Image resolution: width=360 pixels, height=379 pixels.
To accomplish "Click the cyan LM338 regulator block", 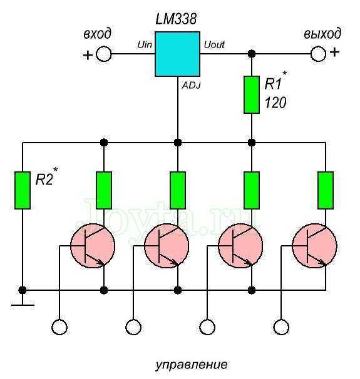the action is [177, 54].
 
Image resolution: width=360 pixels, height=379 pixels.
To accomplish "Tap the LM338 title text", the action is [176, 19].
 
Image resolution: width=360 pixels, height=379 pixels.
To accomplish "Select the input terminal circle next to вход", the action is [104, 54].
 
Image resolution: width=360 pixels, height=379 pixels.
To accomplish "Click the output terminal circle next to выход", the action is [318, 54].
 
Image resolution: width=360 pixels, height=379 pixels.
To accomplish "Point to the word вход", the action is [97, 34].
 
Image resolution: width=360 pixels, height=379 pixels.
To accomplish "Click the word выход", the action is [322, 34].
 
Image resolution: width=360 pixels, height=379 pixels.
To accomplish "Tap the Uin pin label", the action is [145, 44].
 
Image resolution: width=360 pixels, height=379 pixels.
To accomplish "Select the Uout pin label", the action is [214, 44].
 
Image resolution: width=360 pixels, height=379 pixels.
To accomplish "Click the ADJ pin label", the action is [191, 85].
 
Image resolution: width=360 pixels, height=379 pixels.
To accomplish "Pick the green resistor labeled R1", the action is [252, 95].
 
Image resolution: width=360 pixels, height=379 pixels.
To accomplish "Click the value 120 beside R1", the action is [275, 103].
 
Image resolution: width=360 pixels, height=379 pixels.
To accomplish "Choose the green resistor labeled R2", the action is [23, 190].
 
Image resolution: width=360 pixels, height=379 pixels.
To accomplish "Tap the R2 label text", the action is [44, 179].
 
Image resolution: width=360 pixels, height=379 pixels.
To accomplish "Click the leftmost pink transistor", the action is [93, 246].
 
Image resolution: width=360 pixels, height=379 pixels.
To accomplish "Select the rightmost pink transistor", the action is [314, 246].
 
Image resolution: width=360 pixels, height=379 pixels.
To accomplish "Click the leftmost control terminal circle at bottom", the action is [59, 327].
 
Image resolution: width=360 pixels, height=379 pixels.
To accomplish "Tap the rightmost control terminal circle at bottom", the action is [281, 327].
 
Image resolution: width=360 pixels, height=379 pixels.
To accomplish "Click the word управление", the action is [191, 365].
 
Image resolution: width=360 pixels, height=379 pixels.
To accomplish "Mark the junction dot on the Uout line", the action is [252, 54].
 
